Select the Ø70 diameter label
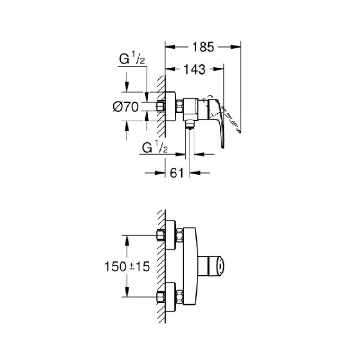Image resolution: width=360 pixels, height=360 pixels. [x=126, y=107]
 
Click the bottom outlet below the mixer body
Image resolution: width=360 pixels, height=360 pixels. [x=189, y=125]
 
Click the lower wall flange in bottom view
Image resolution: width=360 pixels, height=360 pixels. [x=171, y=297]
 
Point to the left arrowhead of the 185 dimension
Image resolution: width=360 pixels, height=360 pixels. [x=169, y=47]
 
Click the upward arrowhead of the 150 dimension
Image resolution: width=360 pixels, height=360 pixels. [x=126, y=240]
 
